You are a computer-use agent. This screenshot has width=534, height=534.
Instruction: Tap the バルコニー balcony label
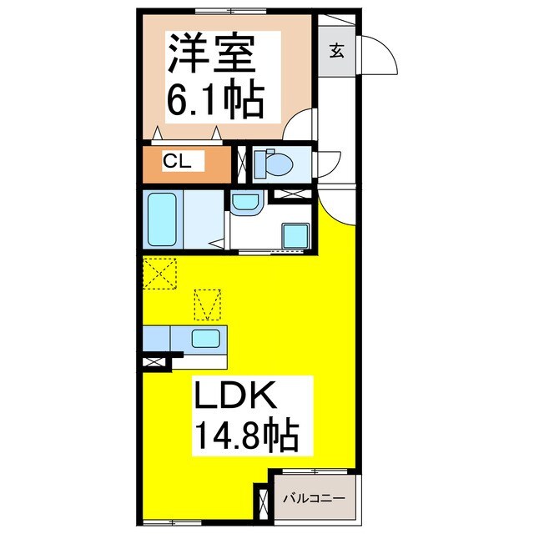click(x=317, y=499)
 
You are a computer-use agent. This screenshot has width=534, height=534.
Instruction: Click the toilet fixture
click(x=270, y=164)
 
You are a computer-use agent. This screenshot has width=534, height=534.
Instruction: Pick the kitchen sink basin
click(x=205, y=339)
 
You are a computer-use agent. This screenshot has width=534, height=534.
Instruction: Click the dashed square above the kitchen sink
click(x=209, y=304)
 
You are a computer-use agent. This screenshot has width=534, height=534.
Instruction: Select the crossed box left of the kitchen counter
click(x=152, y=363)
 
